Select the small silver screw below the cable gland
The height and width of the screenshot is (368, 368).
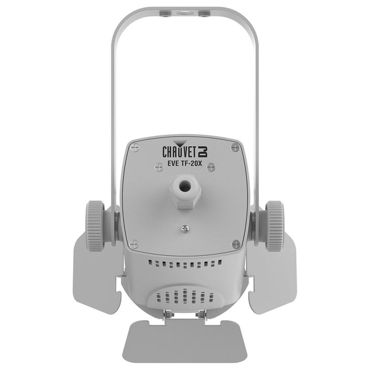184,228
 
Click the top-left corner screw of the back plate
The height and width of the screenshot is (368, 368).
135,148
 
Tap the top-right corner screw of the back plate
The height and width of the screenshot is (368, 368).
235,148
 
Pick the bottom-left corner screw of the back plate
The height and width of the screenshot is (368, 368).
134,244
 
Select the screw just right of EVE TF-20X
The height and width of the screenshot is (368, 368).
211,167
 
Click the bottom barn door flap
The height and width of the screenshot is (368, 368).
184,342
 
